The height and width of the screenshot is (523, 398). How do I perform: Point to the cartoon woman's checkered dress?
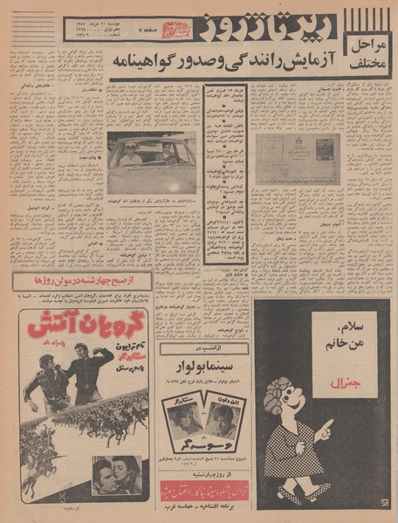point(288,467)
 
